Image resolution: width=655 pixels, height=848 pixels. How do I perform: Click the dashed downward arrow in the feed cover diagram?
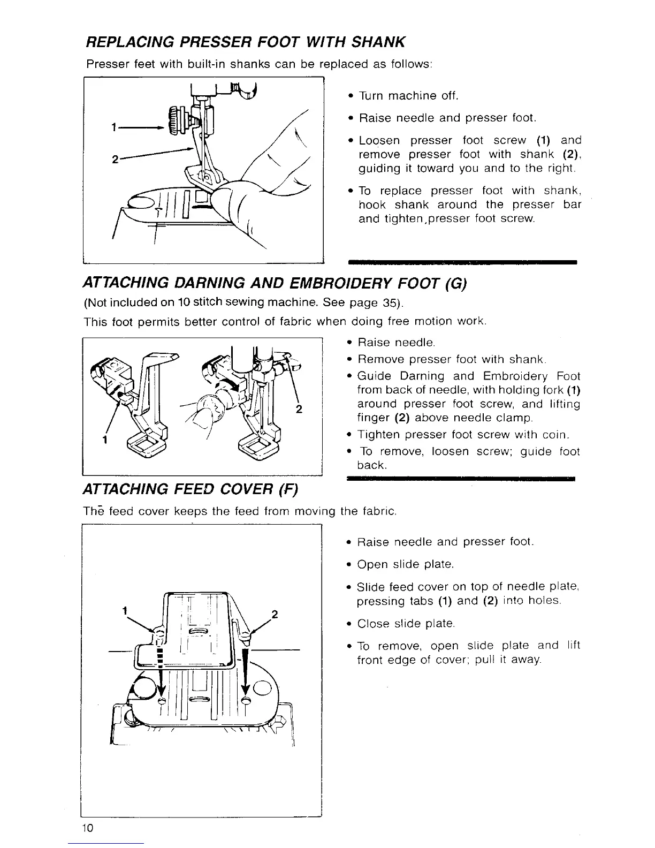(x=160, y=669)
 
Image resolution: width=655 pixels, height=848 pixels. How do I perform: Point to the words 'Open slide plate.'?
(x=406, y=564)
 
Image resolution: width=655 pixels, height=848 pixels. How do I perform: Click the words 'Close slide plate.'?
(x=406, y=624)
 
